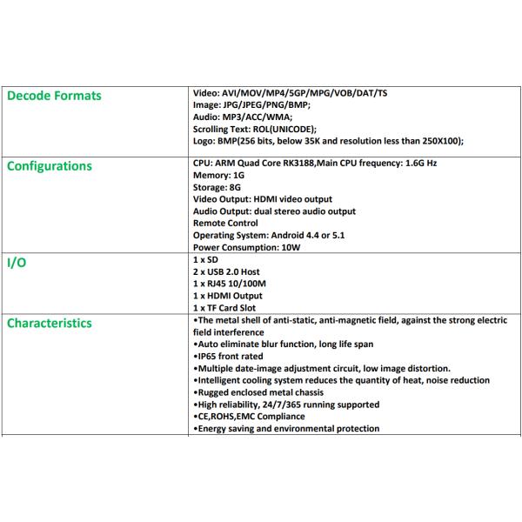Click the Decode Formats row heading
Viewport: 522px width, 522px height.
tap(54, 96)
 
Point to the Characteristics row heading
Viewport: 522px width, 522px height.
tap(50, 323)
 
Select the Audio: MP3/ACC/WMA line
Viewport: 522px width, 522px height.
tap(241, 117)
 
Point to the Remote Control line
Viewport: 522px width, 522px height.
tap(224, 224)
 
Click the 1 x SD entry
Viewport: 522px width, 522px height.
tap(204, 260)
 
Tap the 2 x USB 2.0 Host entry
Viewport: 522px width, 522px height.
tap(224, 272)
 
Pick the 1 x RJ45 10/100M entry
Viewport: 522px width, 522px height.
tap(230, 284)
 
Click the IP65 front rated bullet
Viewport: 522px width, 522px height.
tap(230, 356)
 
